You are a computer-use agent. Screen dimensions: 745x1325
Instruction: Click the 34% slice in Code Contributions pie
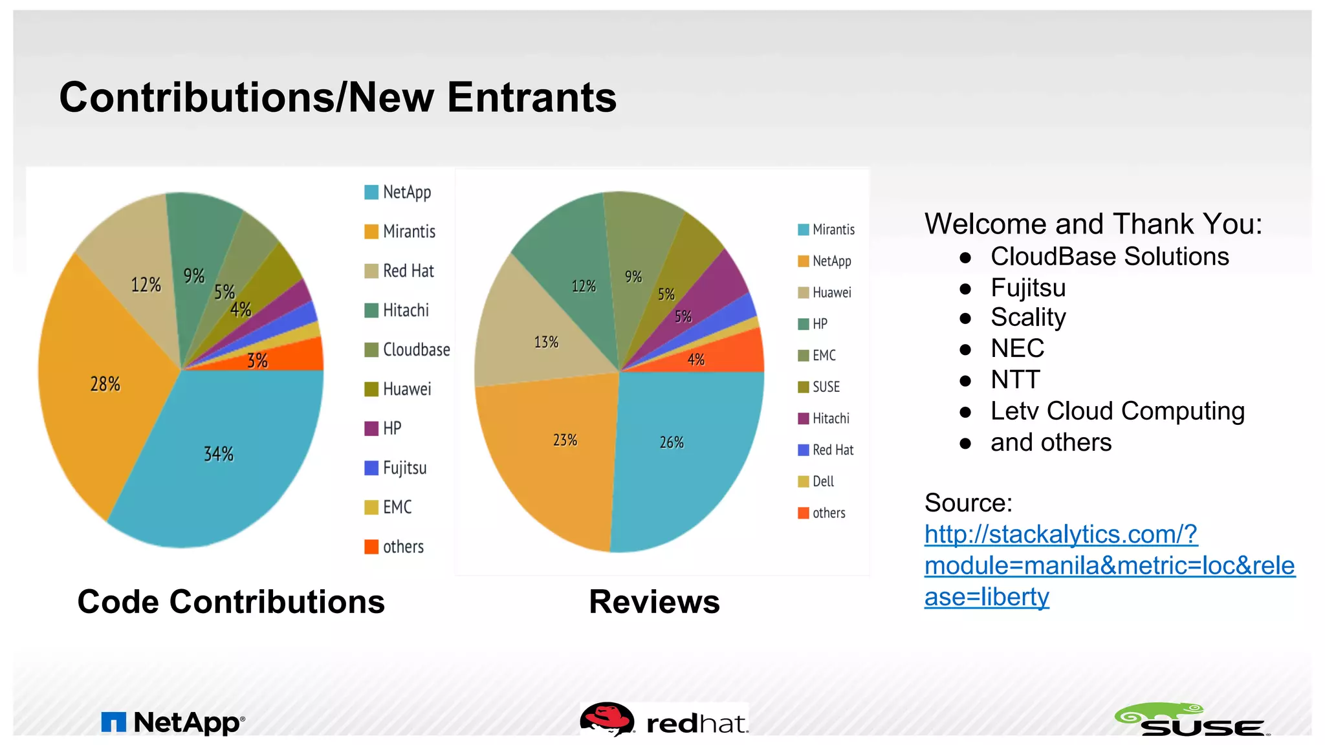219,454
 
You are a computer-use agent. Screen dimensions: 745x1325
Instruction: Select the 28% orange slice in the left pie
105,384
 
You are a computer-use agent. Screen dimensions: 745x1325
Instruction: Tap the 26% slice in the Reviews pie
672,442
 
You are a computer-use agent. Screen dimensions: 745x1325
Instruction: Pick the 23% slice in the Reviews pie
565,440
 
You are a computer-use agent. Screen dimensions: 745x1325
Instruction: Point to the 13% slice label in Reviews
546,342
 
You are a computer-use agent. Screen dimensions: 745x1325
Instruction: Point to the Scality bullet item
1027,318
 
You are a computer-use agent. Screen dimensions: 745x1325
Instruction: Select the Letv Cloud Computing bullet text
1117,411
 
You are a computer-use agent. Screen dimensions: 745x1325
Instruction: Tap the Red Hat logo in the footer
664,721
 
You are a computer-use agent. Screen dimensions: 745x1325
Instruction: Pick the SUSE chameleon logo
1191,720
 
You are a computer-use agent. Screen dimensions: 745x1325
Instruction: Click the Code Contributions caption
231,601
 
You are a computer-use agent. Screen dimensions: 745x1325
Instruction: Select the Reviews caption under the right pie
654,601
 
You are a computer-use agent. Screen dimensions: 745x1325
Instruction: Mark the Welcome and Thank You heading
1093,224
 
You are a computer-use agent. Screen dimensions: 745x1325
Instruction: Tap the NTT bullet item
1014,380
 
